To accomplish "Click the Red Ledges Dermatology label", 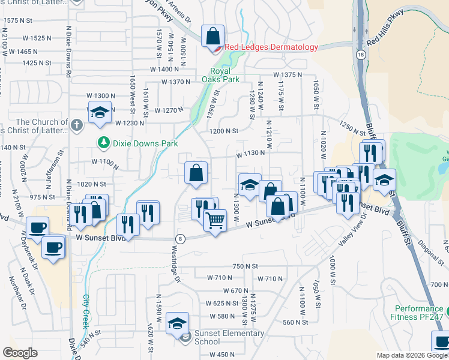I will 271,47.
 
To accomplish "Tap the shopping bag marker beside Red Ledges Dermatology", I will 212,37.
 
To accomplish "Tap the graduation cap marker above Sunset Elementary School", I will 177,323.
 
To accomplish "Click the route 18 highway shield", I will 360,54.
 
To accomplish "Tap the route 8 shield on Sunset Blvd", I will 181,238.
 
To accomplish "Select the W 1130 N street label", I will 250,153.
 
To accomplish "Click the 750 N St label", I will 245,266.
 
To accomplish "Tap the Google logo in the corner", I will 20,353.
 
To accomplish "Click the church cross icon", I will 76,125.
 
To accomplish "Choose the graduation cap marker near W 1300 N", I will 100,112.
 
